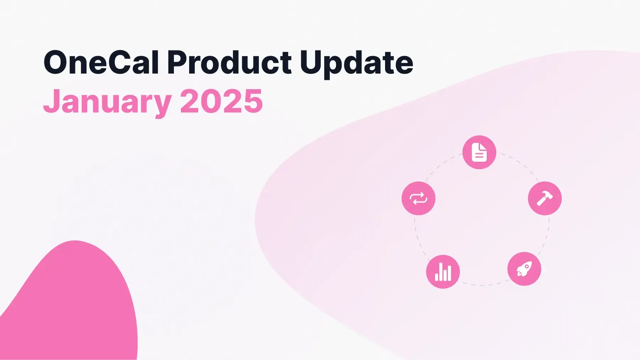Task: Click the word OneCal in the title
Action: tap(101, 63)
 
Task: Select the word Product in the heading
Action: tap(229, 63)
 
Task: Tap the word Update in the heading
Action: tap(356, 63)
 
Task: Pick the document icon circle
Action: tap(479, 152)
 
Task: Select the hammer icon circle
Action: tap(544, 198)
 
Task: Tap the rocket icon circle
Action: tap(524, 269)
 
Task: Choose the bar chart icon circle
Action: tap(443, 272)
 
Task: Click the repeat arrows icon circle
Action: tap(418, 198)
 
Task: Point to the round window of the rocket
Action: tap(527, 266)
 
